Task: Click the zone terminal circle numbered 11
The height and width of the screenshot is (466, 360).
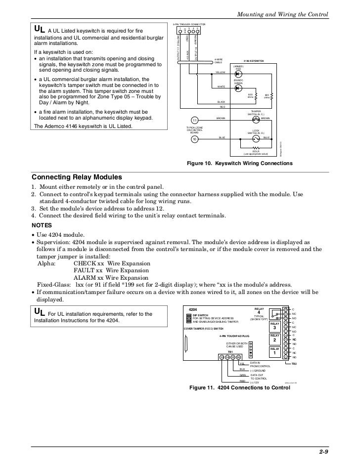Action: click(195, 121)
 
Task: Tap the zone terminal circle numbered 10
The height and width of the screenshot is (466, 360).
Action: click(195, 139)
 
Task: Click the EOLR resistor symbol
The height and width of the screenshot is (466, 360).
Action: click(255, 147)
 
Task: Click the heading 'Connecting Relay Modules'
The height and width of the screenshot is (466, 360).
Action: click(77, 177)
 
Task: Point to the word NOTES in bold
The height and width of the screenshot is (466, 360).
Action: click(44, 224)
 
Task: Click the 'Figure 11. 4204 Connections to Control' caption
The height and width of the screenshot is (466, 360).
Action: click(240, 387)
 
